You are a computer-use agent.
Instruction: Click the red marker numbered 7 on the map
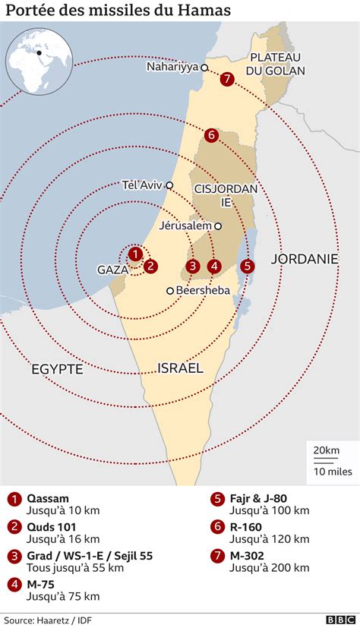coord(226,80)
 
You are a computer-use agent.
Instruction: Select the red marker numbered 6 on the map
coord(211,135)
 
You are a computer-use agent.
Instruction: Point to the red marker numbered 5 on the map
coord(247,266)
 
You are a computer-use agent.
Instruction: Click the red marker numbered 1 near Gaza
coord(134,254)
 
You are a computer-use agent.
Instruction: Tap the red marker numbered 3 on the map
coord(194,266)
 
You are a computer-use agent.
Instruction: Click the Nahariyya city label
coord(173,67)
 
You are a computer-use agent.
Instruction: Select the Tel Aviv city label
coord(142,185)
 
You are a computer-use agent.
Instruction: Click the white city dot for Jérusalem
coord(218,226)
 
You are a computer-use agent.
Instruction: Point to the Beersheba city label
coord(203,290)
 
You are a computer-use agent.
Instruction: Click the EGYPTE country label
coord(57,368)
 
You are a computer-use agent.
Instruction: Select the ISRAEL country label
coord(180,368)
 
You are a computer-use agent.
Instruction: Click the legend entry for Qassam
coord(49,498)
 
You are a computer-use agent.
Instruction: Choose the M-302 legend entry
coord(249,555)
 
